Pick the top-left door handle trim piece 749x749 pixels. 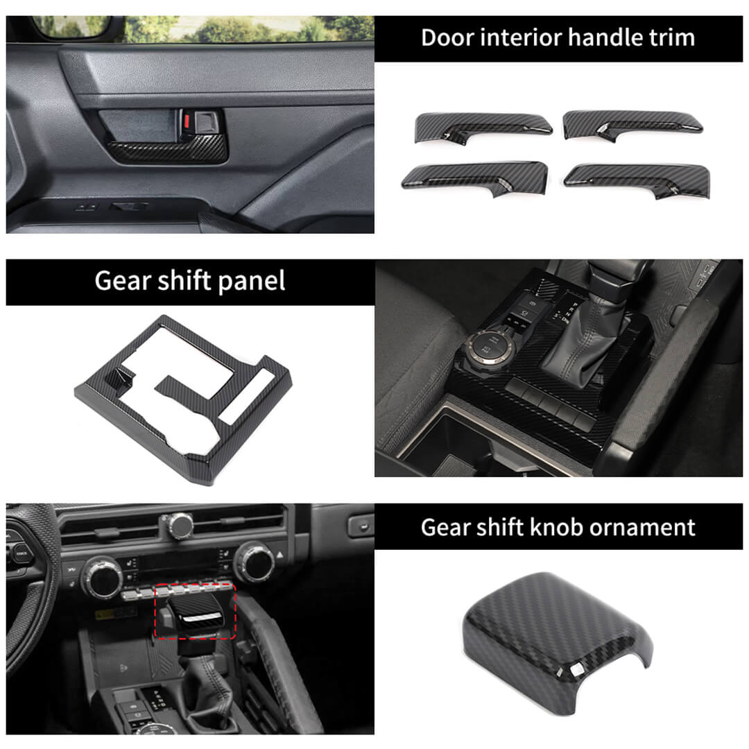coord(483,128)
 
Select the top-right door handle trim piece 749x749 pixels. coord(632,125)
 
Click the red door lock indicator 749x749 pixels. coord(187,121)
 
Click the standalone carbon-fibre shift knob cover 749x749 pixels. coord(556,642)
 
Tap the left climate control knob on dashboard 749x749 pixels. coord(102,578)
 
